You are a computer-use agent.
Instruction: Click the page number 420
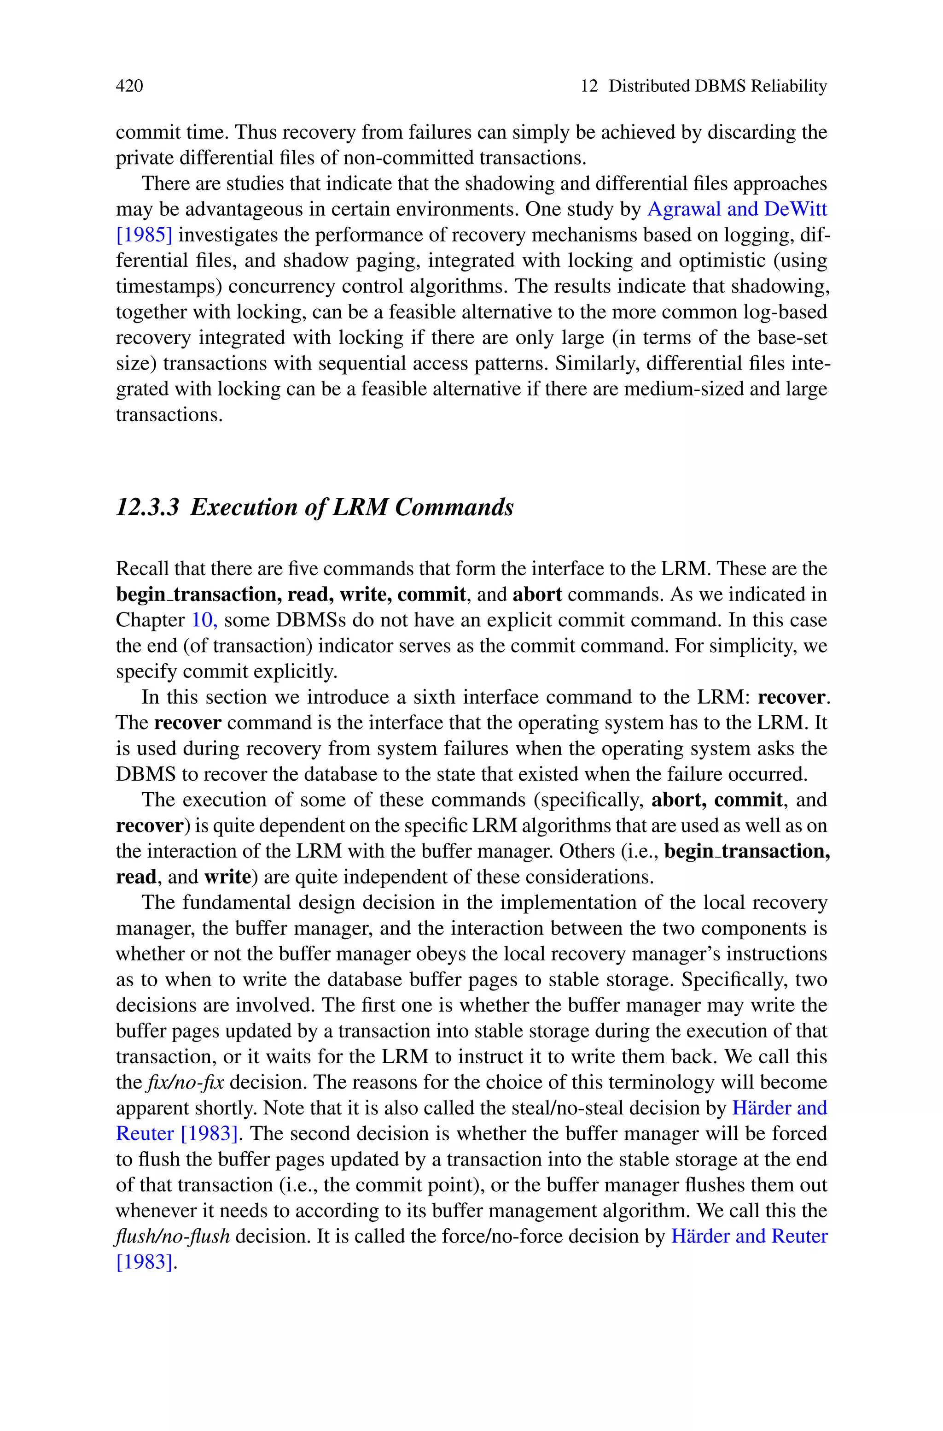[x=129, y=86]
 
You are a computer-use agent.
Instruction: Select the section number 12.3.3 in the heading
[x=147, y=507]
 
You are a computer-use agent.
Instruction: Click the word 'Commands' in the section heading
[x=454, y=507]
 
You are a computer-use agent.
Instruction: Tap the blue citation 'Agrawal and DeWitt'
[x=737, y=209]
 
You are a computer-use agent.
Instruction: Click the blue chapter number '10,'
[x=204, y=620]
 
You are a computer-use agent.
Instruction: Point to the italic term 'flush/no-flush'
[x=173, y=1237]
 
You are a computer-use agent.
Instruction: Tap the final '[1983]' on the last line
[x=144, y=1262]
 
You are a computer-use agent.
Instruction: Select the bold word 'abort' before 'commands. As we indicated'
[x=537, y=595]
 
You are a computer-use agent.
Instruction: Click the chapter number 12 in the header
[x=589, y=86]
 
